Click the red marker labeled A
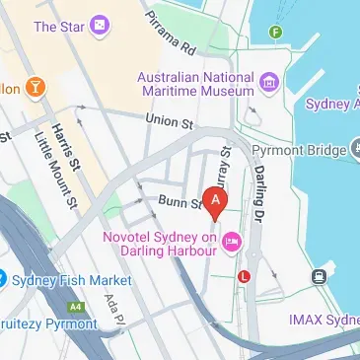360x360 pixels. [217, 198]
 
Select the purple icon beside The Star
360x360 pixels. [99, 27]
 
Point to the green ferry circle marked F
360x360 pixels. [276, 33]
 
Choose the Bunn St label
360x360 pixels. [179, 203]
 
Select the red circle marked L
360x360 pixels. [245, 277]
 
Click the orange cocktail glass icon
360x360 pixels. [36, 88]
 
